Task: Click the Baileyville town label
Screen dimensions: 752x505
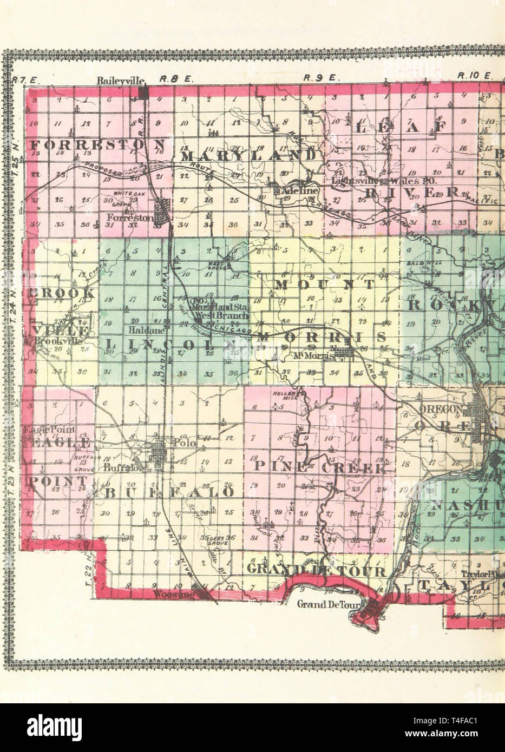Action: coord(122,80)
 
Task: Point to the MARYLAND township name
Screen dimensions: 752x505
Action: coord(248,156)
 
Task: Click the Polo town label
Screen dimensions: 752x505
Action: coord(182,443)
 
